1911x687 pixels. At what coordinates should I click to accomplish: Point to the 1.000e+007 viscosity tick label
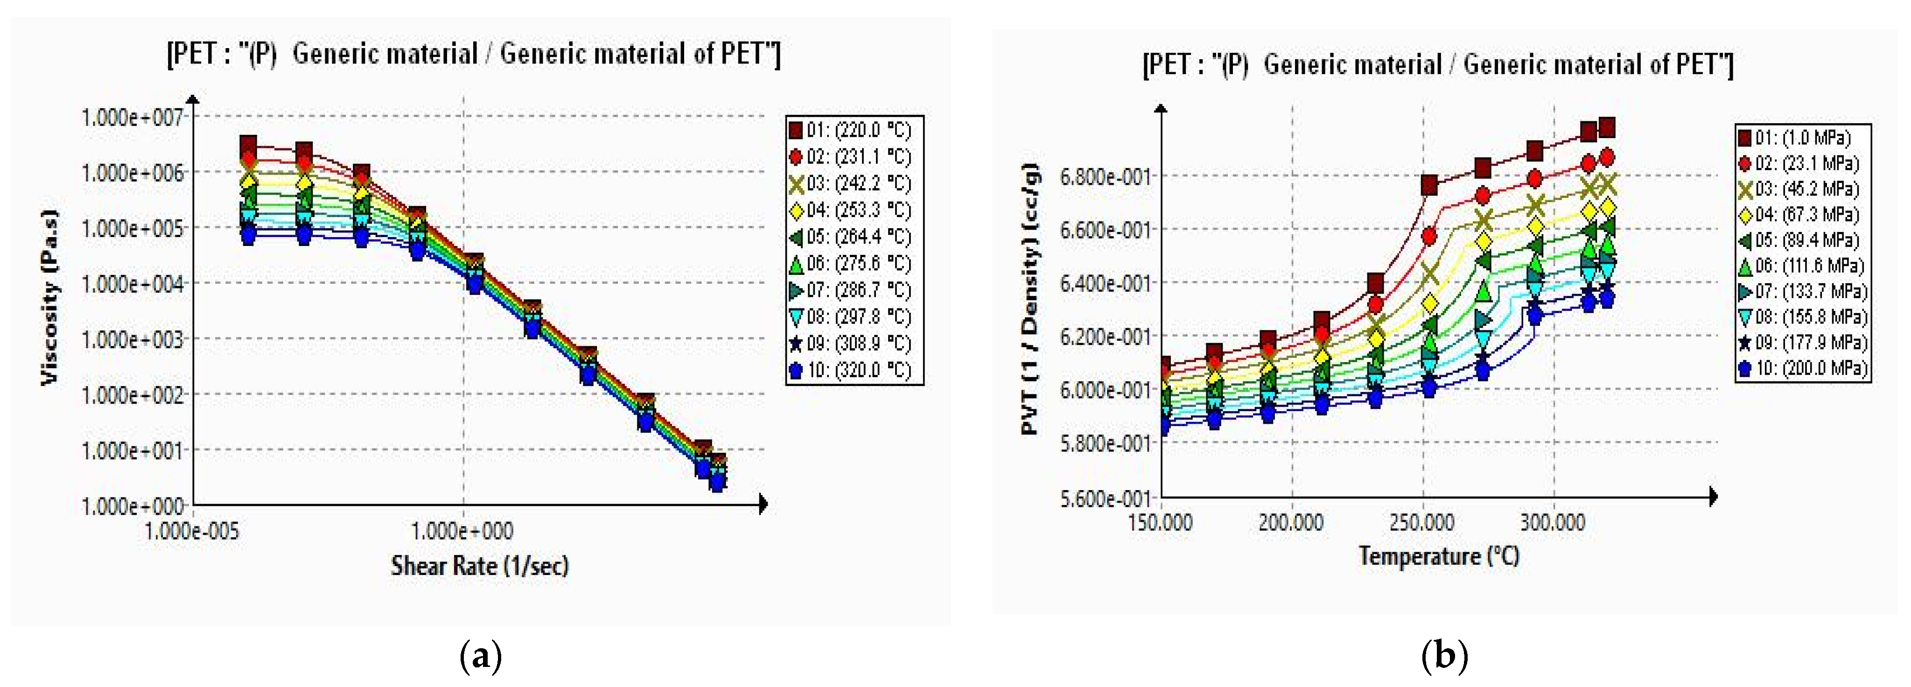click(131, 117)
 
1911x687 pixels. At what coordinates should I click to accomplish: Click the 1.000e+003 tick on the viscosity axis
click(131, 339)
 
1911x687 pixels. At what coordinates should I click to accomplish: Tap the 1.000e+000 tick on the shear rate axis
click(463, 531)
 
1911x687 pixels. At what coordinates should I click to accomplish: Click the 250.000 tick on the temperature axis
click(1421, 522)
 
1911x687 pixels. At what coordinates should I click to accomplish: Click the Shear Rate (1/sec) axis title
click(479, 566)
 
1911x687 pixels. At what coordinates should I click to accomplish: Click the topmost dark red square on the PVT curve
click(1607, 127)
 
